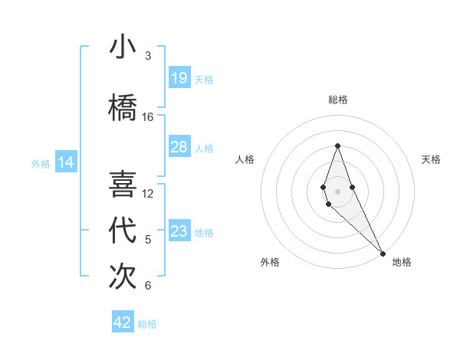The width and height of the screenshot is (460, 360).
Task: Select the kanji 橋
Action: tap(123, 107)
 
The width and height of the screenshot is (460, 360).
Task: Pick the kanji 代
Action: tap(123, 231)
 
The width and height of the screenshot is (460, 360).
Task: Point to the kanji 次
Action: tap(123, 277)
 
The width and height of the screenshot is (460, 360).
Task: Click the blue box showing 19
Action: tap(179, 78)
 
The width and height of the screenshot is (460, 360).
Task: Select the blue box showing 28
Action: tap(179, 147)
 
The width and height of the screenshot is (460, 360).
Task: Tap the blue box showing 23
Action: tap(179, 231)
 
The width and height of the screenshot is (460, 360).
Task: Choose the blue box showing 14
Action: tap(66, 162)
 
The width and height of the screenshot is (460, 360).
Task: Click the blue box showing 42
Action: tap(123, 322)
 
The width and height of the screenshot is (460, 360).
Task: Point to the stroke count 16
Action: tap(148, 117)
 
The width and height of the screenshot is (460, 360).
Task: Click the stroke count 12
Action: tap(148, 194)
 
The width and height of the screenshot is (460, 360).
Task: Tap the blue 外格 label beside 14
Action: tap(41, 163)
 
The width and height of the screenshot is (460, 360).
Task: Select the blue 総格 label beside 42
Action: tap(147, 323)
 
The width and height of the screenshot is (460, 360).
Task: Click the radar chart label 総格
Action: tap(337, 100)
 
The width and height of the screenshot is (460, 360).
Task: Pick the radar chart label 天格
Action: tap(431, 159)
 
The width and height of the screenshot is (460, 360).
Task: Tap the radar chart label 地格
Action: tap(402, 262)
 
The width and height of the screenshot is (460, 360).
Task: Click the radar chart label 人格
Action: tap(245, 159)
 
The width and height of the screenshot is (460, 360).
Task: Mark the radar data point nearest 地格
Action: tap(383, 253)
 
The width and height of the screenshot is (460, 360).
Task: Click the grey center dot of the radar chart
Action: tap(337, 191)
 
